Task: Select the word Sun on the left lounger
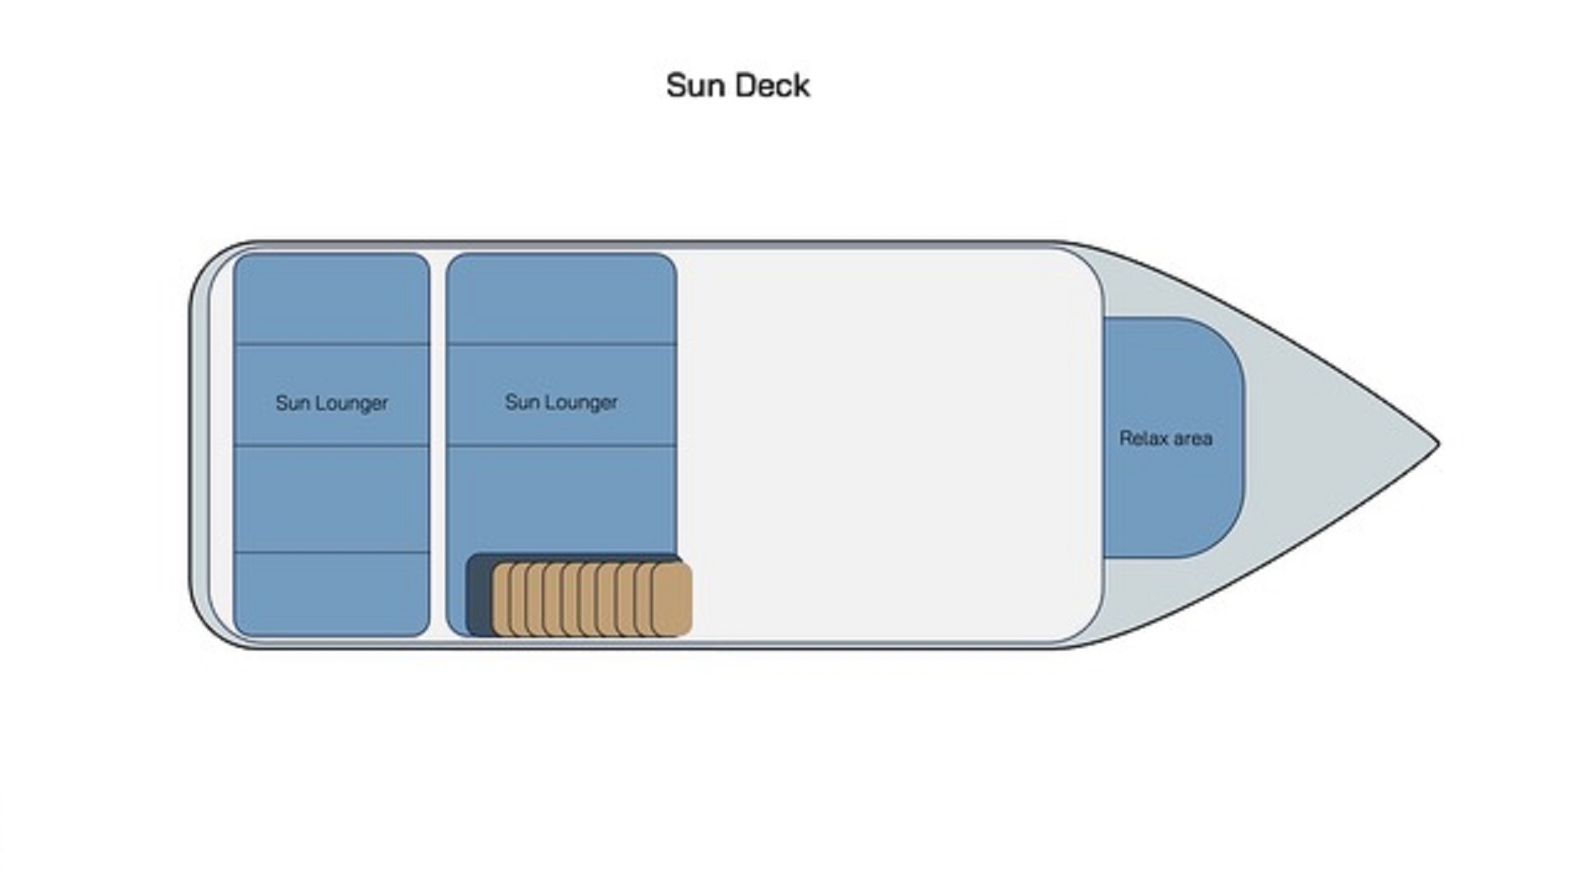(x=293, y=403)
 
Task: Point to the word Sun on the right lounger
(x=522, y=402)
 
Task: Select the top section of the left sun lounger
(x=331, y=298)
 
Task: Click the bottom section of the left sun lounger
(x=331, y=593)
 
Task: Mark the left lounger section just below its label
(x=331, y=499)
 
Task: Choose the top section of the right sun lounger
(x=561, y=298)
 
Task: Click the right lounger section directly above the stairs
(x=561, y=499)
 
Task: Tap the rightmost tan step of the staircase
(x=673, y=599)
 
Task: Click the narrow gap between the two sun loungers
(x=438, y=445)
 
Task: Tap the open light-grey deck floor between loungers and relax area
(x=890, y=445)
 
